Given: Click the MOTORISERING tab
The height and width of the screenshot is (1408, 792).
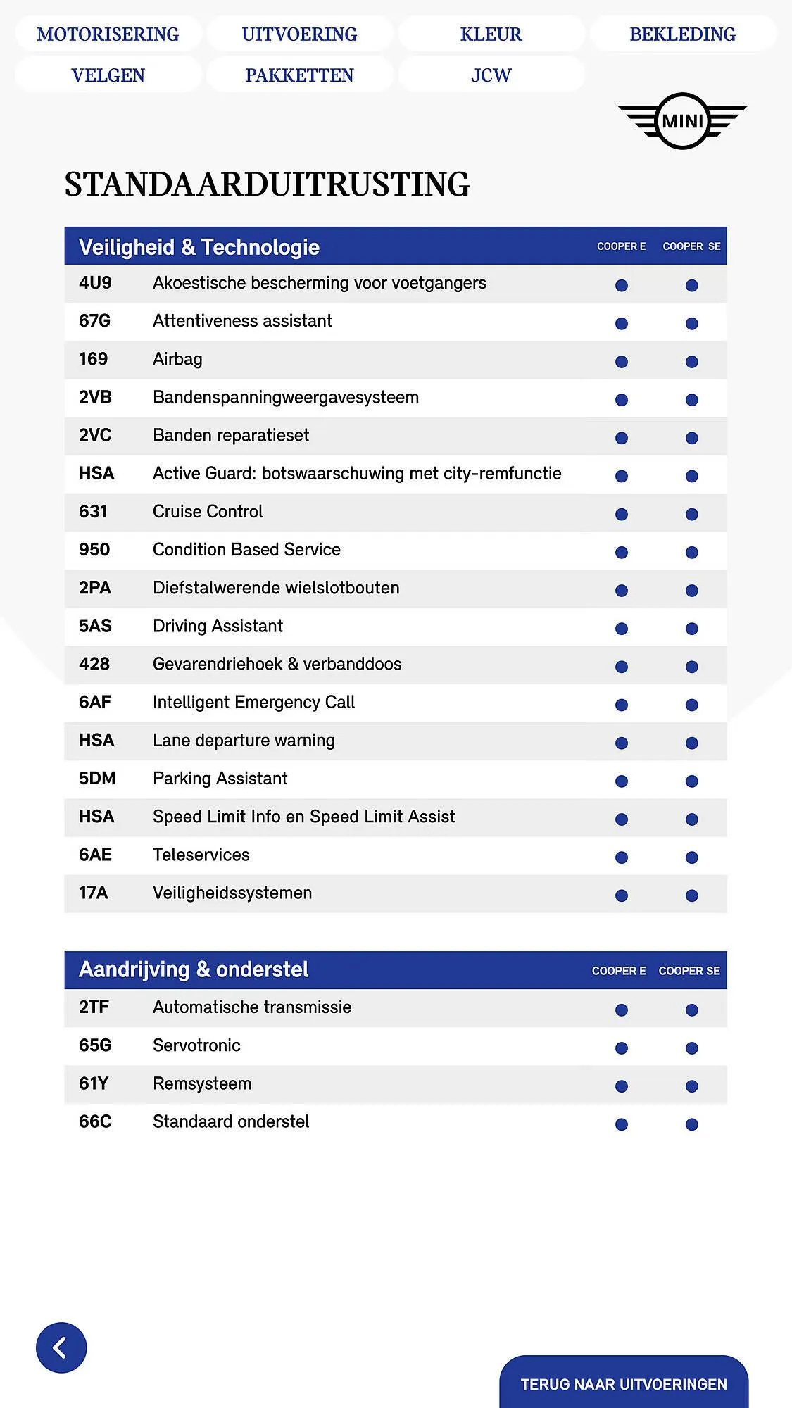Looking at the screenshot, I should tap(108, 34).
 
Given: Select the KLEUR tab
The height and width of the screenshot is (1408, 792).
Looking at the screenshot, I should tap(491, 34).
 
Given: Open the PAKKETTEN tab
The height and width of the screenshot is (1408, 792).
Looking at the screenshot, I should tap(299, 75).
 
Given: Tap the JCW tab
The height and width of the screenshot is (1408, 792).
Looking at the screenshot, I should tap(491, 75).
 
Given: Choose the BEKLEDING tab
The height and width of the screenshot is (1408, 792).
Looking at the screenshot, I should tap(682, 34).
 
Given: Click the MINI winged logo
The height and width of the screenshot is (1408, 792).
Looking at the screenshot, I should tap(682, 121).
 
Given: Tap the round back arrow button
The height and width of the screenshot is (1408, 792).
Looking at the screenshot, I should tap(61, 1347).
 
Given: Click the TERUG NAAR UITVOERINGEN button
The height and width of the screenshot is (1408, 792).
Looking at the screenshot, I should tap(623, 1384).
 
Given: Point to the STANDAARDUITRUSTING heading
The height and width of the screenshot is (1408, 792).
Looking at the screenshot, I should tap(267, 184).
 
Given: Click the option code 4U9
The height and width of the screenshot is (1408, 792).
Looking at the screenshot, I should tap(95, 283).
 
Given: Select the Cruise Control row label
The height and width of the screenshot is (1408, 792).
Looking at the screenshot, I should tap(208, 512).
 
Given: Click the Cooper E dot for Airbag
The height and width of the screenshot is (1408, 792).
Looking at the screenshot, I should tap(621, 362).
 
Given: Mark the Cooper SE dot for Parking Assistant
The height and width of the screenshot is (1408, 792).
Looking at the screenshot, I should tap(691, 781).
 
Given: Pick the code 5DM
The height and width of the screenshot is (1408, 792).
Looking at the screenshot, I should tap(97, 779).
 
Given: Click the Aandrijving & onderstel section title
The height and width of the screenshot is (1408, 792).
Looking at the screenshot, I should tap(194, 969).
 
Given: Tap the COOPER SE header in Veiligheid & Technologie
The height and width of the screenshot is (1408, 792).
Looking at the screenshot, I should tap(691, 246).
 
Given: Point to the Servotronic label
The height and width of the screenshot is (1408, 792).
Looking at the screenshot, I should tap(196, 1045).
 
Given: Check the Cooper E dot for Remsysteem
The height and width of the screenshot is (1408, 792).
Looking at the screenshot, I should tap(621, 1086).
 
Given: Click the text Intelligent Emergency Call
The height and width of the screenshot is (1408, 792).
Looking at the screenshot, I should tap(253, 703).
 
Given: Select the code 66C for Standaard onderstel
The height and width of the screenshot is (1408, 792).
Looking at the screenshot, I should tap(95, 1121).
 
